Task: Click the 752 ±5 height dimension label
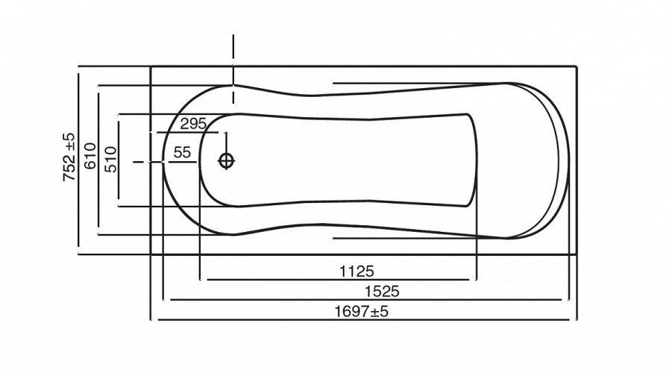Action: [69, 158]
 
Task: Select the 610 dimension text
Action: [89, 158]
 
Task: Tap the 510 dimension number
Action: [110, 158]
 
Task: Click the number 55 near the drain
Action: [181, 152]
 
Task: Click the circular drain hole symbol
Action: [226, 160]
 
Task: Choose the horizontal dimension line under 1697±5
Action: [365, 321]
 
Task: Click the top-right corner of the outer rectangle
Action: [579, 67]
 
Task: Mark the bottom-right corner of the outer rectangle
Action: [579, 255]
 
